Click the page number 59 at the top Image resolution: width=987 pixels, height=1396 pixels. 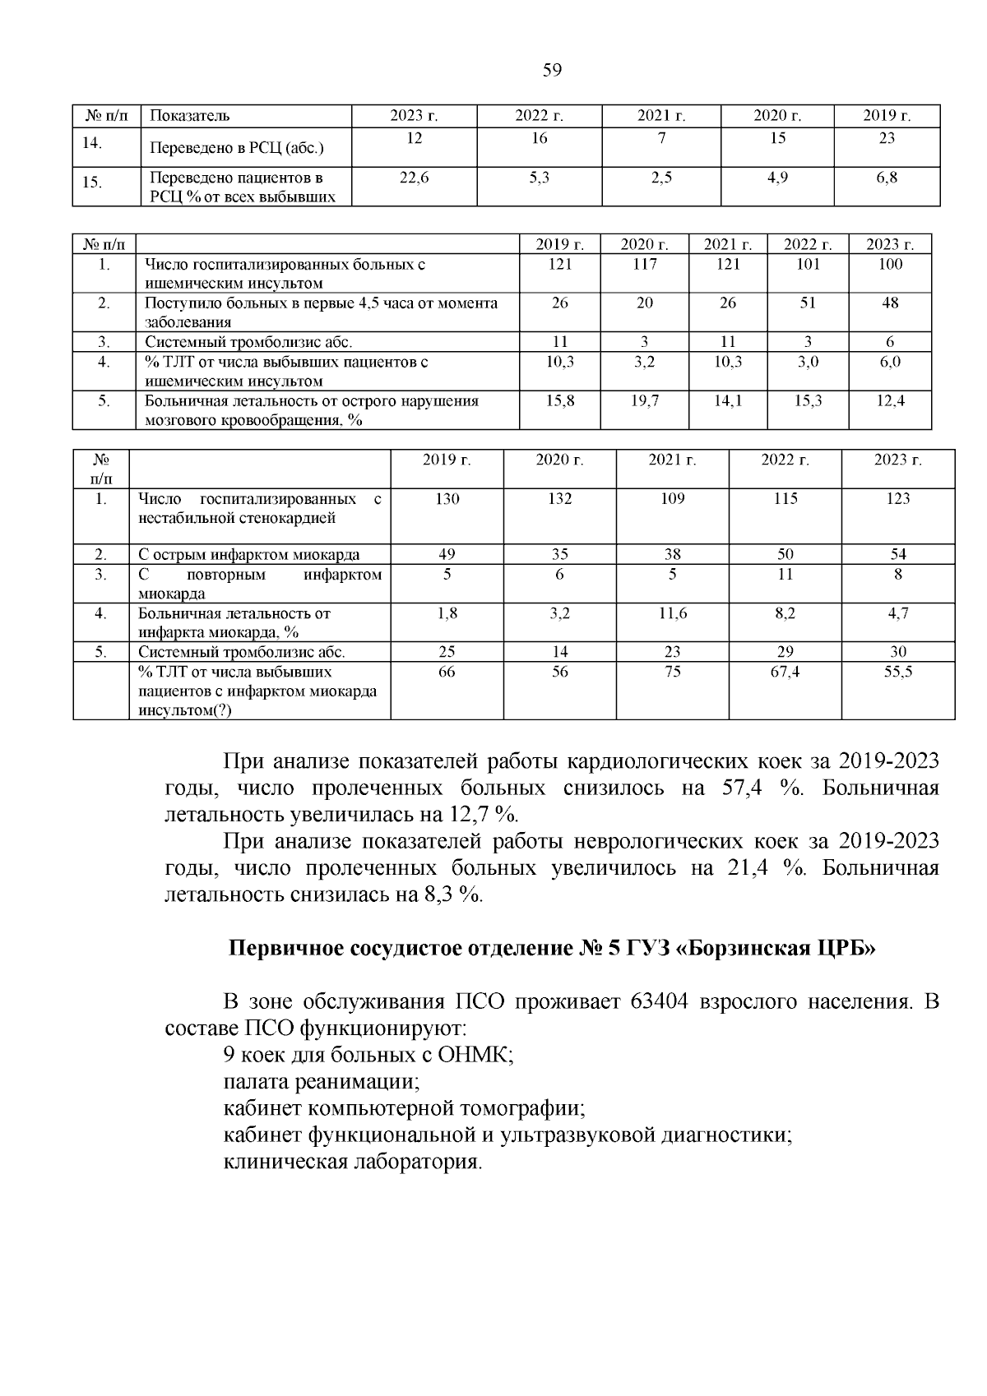click(x=552, y=71)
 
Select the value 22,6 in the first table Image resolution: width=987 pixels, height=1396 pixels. click(x=415, y=178)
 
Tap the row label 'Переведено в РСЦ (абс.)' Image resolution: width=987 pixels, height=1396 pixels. click(x=237, y=149)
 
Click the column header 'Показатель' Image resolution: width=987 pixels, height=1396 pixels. click(x=190, y=116)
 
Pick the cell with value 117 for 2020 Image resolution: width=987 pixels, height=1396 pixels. click(x=645, y=264)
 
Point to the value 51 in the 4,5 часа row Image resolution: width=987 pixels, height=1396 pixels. click(x=808, y=303)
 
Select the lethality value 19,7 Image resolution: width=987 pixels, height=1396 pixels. click(x=645, y=400)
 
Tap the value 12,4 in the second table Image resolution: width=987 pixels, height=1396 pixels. click(x=890, y=400)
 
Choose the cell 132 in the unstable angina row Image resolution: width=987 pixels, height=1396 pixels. click(x=559, y=498)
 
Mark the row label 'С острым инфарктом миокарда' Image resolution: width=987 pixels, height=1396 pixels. click(x=248, y=554)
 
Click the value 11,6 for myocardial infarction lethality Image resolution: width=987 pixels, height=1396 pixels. click(x=672, y=613)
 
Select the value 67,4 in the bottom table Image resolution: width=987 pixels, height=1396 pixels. click(x=785, y=672)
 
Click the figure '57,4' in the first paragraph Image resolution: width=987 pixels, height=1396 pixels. click(x=744, y=788)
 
